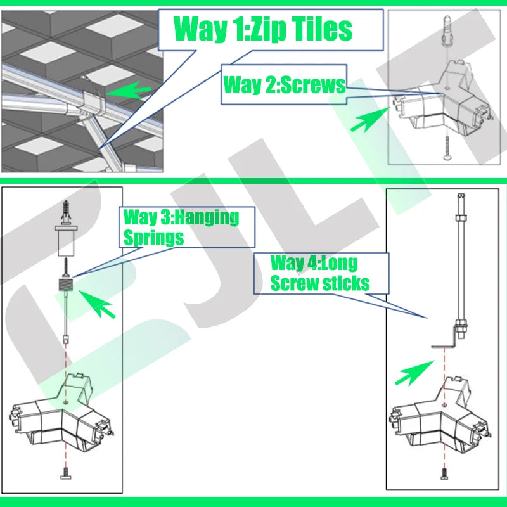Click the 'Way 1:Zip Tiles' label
coord(262,29)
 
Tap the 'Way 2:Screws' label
coord(284,85)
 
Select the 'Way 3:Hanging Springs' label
coord(181,228)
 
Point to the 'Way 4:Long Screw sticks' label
coord(320,273)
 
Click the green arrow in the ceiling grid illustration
coord(128,90)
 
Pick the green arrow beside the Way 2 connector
coord(370,120)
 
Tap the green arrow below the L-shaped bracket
coord(414,373)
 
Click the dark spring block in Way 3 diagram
coord(65,285)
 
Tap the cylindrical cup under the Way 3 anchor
coord(66,241)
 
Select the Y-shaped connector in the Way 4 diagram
coord(440,416)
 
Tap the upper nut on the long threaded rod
coord(461,216)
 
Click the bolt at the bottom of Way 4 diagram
coord(445,473)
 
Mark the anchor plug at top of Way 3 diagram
coord(66,212)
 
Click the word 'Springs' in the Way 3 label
coord(154,238)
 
